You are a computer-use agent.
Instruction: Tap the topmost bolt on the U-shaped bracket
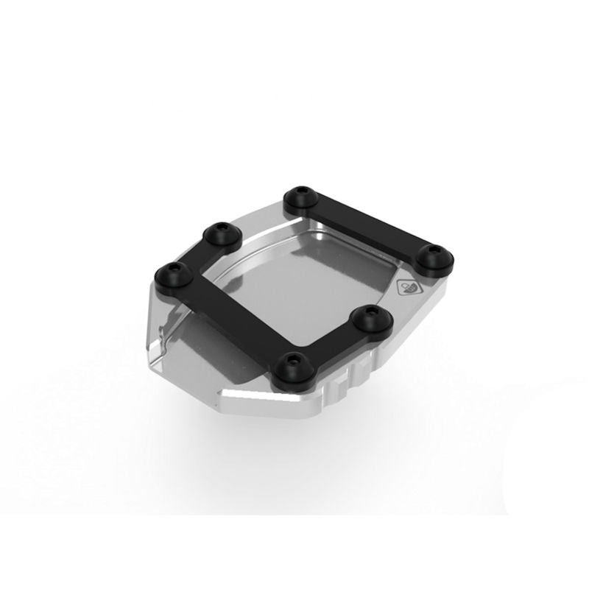218,234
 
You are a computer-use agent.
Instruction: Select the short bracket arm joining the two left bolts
196,254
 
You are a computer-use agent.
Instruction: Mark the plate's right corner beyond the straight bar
442,283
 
